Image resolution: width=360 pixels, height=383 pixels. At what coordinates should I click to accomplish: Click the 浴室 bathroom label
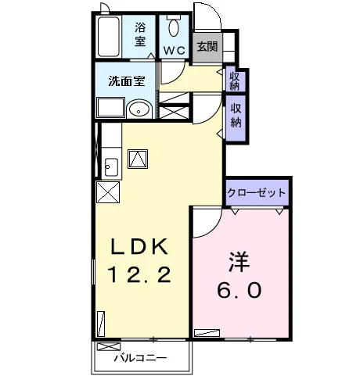140,34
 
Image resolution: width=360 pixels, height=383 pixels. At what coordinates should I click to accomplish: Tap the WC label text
175,50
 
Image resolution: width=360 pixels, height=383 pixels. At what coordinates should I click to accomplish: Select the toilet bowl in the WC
174,27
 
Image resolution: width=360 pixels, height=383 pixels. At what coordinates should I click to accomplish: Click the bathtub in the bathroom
109,37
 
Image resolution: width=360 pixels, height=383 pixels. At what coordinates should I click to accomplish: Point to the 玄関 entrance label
207,47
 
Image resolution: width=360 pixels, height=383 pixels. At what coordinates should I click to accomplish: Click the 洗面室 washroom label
127,81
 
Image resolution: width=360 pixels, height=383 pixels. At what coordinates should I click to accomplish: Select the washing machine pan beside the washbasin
110,108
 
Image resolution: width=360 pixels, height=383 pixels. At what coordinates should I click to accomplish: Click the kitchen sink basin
111,167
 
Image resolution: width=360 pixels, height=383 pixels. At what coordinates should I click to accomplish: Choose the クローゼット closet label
257,193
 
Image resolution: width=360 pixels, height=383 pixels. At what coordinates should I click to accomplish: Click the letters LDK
139,247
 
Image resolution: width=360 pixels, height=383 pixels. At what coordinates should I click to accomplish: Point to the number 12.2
139,274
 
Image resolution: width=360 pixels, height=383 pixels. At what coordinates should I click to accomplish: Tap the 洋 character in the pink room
239,262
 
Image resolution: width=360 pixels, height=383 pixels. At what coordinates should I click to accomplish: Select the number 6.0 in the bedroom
239,290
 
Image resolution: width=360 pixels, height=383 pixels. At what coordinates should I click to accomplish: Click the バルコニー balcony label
140,358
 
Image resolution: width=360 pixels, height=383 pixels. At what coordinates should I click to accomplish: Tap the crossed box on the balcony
109,346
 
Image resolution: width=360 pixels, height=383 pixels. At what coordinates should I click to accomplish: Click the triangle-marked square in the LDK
138,159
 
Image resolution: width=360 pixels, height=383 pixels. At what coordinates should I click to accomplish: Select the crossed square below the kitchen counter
108,192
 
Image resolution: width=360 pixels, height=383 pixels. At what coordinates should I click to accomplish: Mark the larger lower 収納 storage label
236,116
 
